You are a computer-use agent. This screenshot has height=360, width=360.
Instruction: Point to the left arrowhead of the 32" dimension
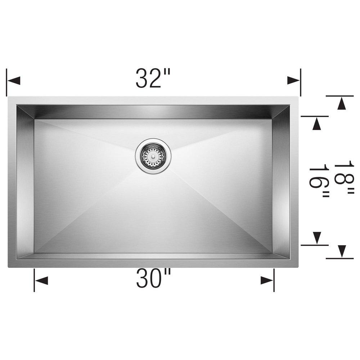pyautogui.click(x=13, y=80)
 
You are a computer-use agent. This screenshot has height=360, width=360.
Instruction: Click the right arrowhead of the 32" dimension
pyautogui.click(x=293, y=80)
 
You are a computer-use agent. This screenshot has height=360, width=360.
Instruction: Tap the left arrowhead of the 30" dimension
pyautogui.click(x=41, y=280)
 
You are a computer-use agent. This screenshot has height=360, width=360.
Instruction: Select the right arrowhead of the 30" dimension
pyautogui.click(x=267, y=280)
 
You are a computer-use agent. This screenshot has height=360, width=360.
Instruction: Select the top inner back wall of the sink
pyautogui.click(x=153, y=112)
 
